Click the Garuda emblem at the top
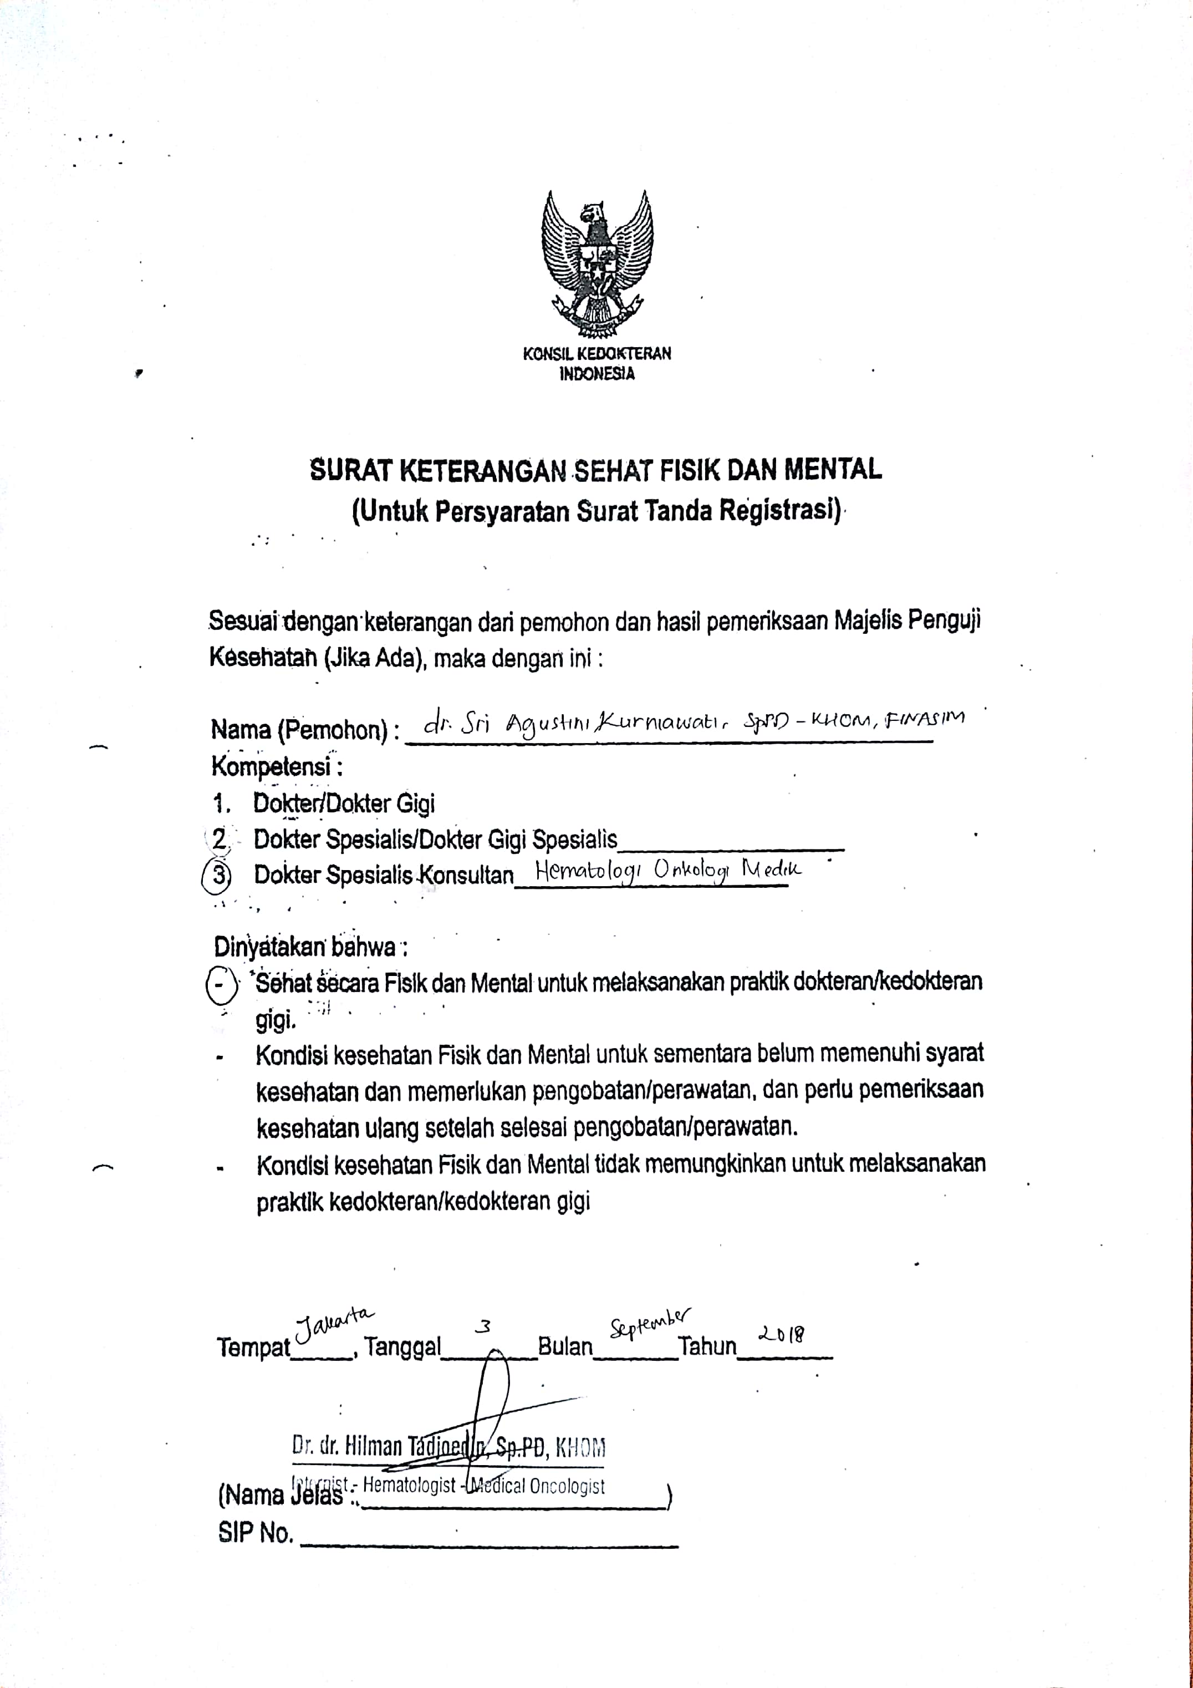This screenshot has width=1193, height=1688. coord(597,262)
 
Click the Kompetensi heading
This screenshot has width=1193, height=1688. coord(277,767)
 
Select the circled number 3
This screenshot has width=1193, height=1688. coord(217,875)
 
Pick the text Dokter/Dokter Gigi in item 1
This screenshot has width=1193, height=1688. coord(344,803)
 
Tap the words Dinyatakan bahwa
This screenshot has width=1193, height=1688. coord(310,947)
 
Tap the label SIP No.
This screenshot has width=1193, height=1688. coord(255,1533)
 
